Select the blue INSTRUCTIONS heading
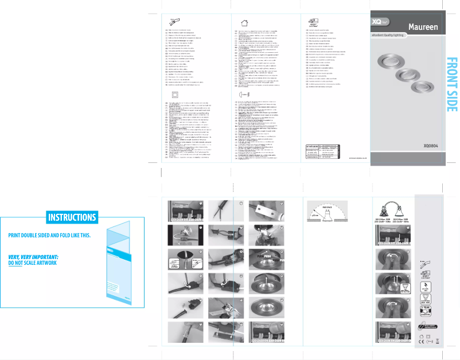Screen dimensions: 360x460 point(72,217)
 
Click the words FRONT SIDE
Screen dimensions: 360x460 point(452,84)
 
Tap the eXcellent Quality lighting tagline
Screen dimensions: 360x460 point(391,36)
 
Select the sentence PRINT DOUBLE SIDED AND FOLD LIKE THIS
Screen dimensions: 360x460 point(49,236)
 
